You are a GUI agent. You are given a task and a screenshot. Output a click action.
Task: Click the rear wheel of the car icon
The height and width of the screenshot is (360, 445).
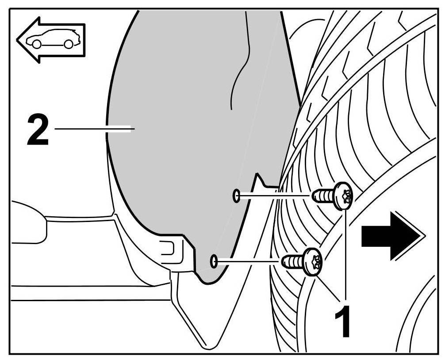click(x=68, y=44)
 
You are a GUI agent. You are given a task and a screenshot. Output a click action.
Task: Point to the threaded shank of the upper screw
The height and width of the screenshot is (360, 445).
click(x=322, y=195)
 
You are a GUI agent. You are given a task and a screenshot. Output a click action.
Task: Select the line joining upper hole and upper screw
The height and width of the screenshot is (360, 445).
click(x=274, y=195)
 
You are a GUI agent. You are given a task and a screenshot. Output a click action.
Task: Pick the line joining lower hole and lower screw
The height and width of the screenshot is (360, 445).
click(x=248, y=261)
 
